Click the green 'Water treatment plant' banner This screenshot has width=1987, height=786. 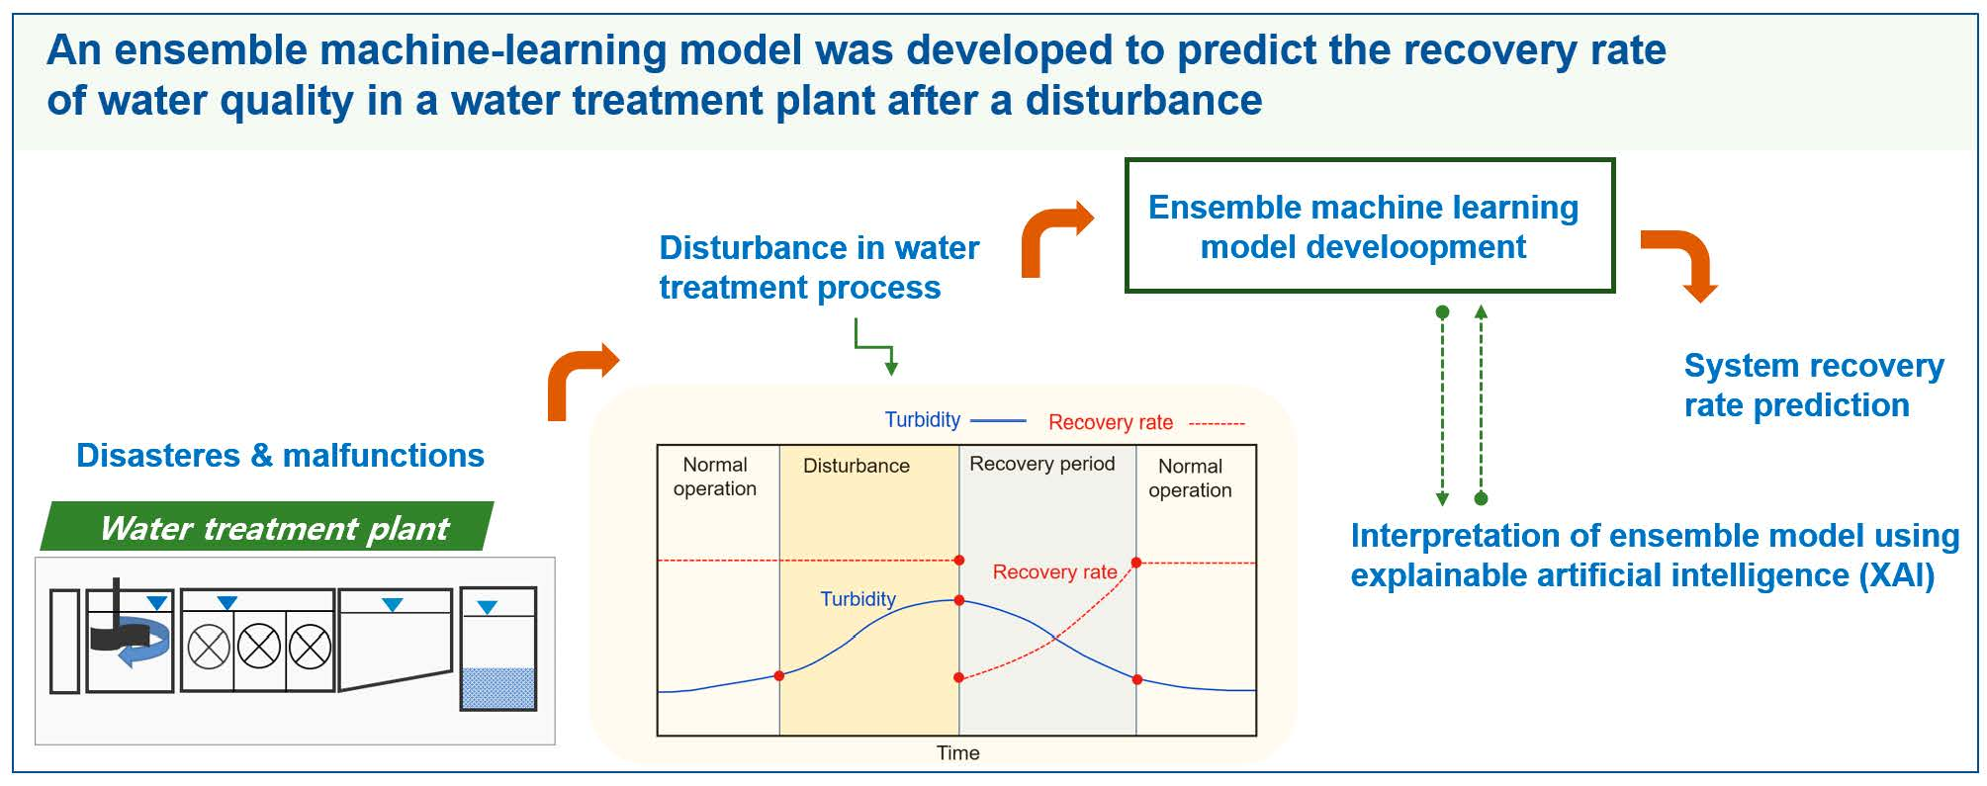pyautogui.click(x=267, y=527)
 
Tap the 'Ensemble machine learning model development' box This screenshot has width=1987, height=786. pyautogui.click(x=1370, y=225)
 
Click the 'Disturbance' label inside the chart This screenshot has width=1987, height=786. pyautogui.click(x=857, y=466)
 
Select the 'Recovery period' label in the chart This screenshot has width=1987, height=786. pyautogui.click(x=1042, y=464)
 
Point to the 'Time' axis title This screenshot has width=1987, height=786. pyautogui.click(x=957, y=752)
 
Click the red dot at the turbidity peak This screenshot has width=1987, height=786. pyautogui.click(x=959, y=600)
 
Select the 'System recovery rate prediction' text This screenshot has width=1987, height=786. pyautogui.click(x=1814, y=386)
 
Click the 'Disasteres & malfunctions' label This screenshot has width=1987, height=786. pyautogui.click(x=280, y=455)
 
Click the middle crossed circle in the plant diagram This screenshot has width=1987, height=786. pyautogui.click(x=259, y=649)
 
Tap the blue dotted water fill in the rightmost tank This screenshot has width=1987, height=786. pyautogui.click(x=498, y=687)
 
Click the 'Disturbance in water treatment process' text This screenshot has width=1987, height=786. pyautogui.click(x=819, y=267)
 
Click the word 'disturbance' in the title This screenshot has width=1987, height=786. pyautogui.click(x=1143, y=101)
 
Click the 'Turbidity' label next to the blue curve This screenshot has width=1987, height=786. pyautogui.click(x=858, y=599)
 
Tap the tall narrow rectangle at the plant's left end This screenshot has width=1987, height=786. pyautogui.click(x=64, y=641)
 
